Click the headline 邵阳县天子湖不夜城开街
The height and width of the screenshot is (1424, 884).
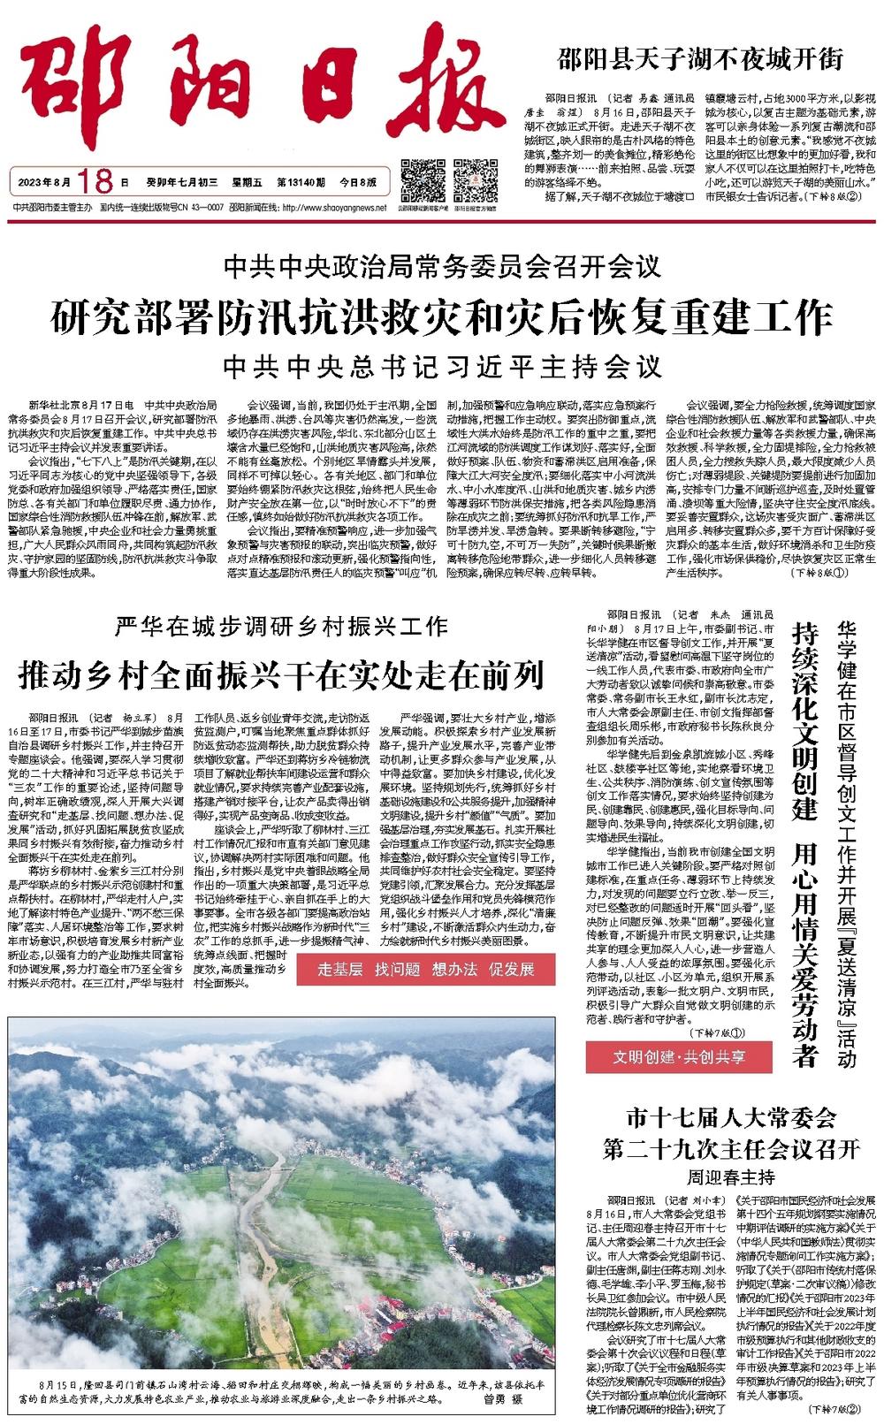(x=700, y=60)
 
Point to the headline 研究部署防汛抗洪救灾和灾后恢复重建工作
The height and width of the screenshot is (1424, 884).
(x=441, y=316)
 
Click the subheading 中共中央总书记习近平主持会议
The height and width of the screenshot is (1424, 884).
(x=442, y=364)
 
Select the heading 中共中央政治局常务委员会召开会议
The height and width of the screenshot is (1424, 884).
(x=442, y=265)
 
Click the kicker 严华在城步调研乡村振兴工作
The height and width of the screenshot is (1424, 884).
(x=282, y=628)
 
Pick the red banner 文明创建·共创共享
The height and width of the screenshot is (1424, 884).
(x=679, y=1056)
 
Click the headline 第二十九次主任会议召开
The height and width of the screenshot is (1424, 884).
(x=731, y=1150)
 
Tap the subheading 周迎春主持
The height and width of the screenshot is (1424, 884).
(x=730, y=1177)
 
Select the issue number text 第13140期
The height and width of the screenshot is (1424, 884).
(x=301, y=183)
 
